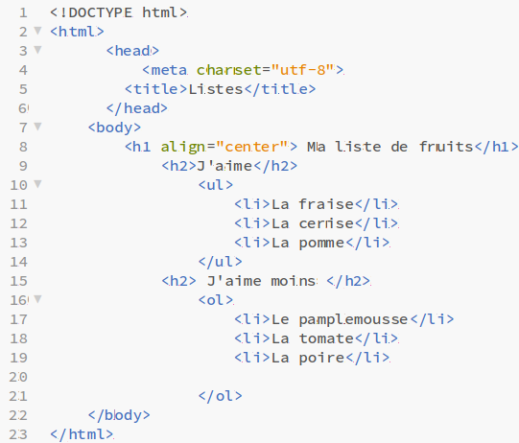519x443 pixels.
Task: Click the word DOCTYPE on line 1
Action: click(101, 12)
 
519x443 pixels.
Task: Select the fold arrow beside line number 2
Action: click(38, 31)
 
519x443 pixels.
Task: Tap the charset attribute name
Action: click(229, 70)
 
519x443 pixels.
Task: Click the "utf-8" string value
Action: click(302, 70)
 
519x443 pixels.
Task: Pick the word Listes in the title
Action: click(216, 89)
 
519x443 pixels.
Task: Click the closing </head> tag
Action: click(136, 108)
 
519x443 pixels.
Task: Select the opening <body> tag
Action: click(114, 128)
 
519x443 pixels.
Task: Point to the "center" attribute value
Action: click(252, 147)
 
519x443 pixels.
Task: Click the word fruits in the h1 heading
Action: click(446, 147)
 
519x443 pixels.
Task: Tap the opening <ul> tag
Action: click(216, 185)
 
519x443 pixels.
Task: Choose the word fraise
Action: click(326, 204)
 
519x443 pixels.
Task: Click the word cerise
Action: click(326, 223)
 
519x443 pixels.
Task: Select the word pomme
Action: click(321, 244)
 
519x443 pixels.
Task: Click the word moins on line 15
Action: click(294, 281)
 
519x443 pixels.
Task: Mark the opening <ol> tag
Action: click(216, 300)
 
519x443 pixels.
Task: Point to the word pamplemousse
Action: click(353, 320)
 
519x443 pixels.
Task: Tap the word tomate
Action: click(326, 338)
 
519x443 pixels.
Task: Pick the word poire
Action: click(321, 359)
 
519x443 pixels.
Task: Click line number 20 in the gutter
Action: click(18, 377)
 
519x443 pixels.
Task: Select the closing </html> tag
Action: click(82, 434)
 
